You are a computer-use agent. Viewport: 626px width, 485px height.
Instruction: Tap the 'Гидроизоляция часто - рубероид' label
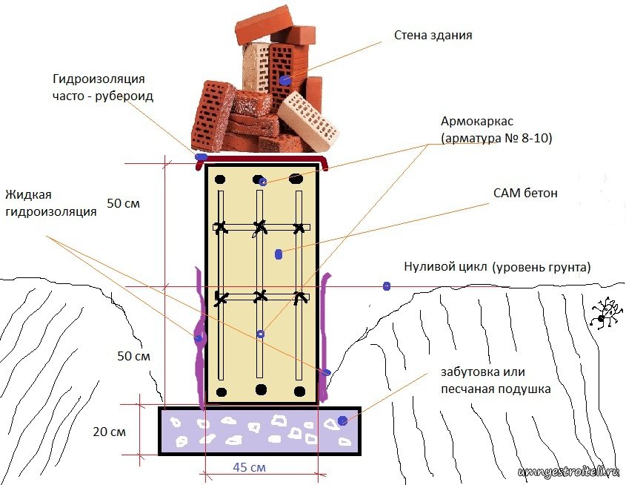(x=103, y=88)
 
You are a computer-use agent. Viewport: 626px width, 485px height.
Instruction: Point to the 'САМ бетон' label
(x=525, y=194)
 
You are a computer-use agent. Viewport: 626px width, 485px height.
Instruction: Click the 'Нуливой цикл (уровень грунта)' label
(x=497, y=267)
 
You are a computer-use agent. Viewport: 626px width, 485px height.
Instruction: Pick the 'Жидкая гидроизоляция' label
(x=51, y=203)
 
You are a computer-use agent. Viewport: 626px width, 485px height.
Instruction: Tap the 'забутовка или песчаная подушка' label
(x=487, y=380)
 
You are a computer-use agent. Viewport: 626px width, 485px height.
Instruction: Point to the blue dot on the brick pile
(x=285, y=79)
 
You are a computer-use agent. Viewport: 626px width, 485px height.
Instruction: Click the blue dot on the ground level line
(x=386, y=286)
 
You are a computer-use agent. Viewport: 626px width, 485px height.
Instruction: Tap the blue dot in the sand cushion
(x=342, y=421)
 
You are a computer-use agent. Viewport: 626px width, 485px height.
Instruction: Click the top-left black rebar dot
(x=220, y=178)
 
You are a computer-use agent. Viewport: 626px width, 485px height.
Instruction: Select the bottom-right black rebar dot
(x=299, y=390)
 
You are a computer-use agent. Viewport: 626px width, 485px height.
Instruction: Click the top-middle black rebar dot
(x=259, y=179)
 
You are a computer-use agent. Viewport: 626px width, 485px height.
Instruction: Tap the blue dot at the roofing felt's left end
(x=199, y=156)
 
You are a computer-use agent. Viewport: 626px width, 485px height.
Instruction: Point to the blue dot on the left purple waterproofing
(x=199, y=338)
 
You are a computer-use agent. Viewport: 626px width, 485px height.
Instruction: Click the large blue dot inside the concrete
(x=279, y=254)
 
